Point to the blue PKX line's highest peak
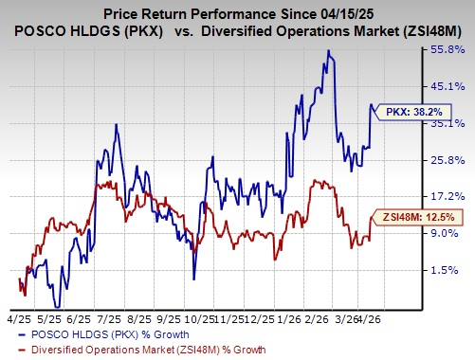tap(328, 50)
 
